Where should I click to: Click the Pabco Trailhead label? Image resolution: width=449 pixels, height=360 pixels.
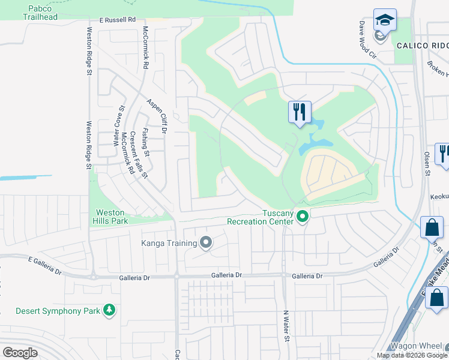point(41,13)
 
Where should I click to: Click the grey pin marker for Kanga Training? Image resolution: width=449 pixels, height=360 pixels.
point(206,243)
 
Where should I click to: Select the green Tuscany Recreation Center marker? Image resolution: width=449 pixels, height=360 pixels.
point(303,217)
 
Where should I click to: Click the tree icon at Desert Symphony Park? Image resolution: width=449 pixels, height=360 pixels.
point(109,310)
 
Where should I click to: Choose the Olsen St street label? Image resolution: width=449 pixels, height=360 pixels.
point(427,164)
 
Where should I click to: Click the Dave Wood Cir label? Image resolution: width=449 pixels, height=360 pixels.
point(367,40)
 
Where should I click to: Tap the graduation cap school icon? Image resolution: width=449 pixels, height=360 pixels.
point(384,20)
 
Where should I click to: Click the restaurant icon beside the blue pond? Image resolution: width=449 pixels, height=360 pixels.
point(299,112)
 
